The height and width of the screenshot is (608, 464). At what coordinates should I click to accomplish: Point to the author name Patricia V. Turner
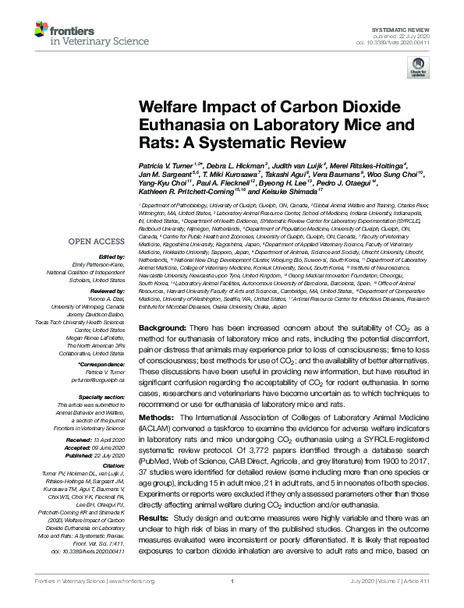[166, 167]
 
